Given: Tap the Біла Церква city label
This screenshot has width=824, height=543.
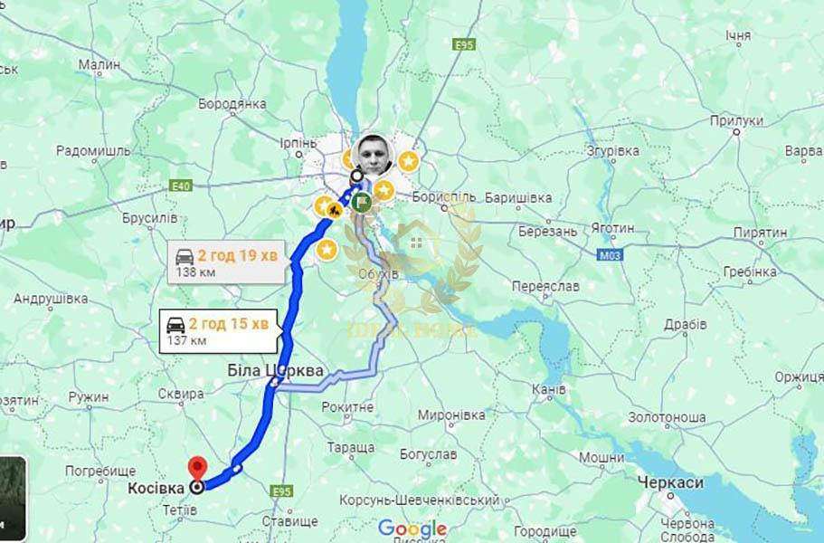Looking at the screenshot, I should click(x=275, y=370).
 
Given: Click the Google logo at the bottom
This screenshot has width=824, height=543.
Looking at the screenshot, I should click(x=412, y=529).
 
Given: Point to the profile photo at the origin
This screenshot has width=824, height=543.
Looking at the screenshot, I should click(x=374, y=156).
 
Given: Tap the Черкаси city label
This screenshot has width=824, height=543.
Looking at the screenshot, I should click(x=670, y=482).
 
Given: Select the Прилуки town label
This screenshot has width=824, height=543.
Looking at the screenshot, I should click(x=736, y=119).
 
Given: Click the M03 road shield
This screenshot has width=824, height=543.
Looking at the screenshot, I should click(x=610, y=256).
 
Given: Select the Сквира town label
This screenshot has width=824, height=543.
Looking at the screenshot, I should click(x=181, y=394).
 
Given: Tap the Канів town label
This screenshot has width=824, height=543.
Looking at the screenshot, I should click(x=550, y=389).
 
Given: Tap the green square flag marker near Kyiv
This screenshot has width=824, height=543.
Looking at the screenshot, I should click(x=362, y=202).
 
